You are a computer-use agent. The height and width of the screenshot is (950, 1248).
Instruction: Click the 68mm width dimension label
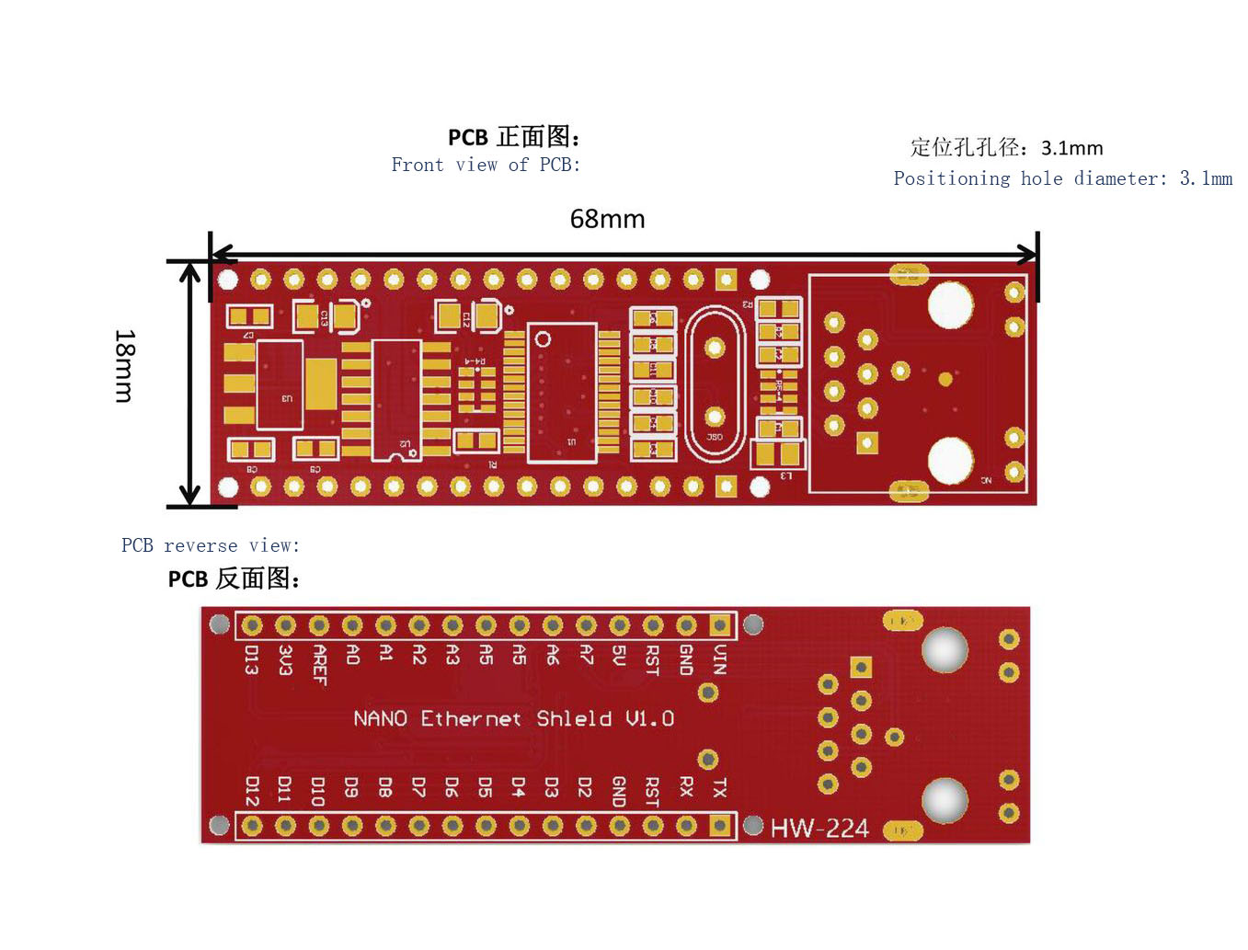point(607,219)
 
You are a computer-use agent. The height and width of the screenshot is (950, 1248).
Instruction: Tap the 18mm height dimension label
point(125,366)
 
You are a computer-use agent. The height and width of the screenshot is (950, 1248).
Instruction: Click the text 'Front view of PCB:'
point(486,165)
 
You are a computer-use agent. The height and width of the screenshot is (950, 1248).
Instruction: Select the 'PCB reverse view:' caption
point(211,545)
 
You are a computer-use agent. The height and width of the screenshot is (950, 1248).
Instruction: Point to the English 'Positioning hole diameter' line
point(1062,178)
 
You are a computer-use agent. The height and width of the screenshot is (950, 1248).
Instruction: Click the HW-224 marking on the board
point(819,829)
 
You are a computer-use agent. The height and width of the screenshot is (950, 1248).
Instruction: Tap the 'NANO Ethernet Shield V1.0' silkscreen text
point(513,718)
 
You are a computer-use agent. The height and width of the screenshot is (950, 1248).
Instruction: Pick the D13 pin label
point(251,659)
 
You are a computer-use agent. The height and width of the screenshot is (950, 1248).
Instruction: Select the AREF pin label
point(319,664)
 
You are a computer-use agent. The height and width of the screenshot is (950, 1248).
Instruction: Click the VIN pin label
point(720,658)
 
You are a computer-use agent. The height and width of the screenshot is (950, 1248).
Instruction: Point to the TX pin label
point(719,787)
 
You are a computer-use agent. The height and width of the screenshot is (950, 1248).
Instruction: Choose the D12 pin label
point(252,790)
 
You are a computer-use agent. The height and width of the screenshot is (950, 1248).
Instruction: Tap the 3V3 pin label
point(285,659)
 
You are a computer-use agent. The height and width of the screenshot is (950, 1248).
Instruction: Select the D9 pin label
point(351,787)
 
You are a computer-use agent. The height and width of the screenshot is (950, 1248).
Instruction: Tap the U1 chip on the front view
point(562,392)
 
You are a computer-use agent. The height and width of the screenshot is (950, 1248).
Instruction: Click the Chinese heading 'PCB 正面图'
point(513,137)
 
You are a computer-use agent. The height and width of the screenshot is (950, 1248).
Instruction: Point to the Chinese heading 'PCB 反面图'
point(234,578)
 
